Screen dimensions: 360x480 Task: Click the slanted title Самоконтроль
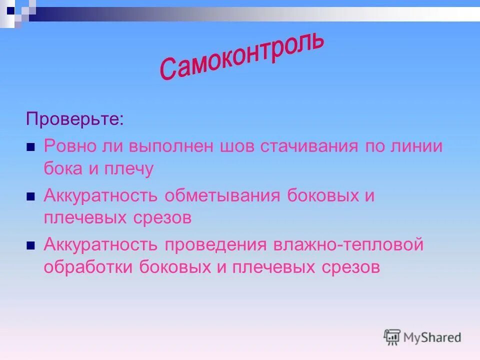(242, 55)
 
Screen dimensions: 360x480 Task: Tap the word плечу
(129, 169)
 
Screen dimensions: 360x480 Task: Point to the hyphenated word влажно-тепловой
(348, 244)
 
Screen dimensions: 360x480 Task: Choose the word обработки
(88, 267)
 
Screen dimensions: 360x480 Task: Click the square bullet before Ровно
(30, 148)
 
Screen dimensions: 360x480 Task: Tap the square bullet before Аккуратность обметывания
(30, 197)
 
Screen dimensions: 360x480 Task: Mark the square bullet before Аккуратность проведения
(30, 246)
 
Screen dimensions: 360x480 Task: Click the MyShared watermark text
(432, 337)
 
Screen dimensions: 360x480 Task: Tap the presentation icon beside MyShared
(392, 337)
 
